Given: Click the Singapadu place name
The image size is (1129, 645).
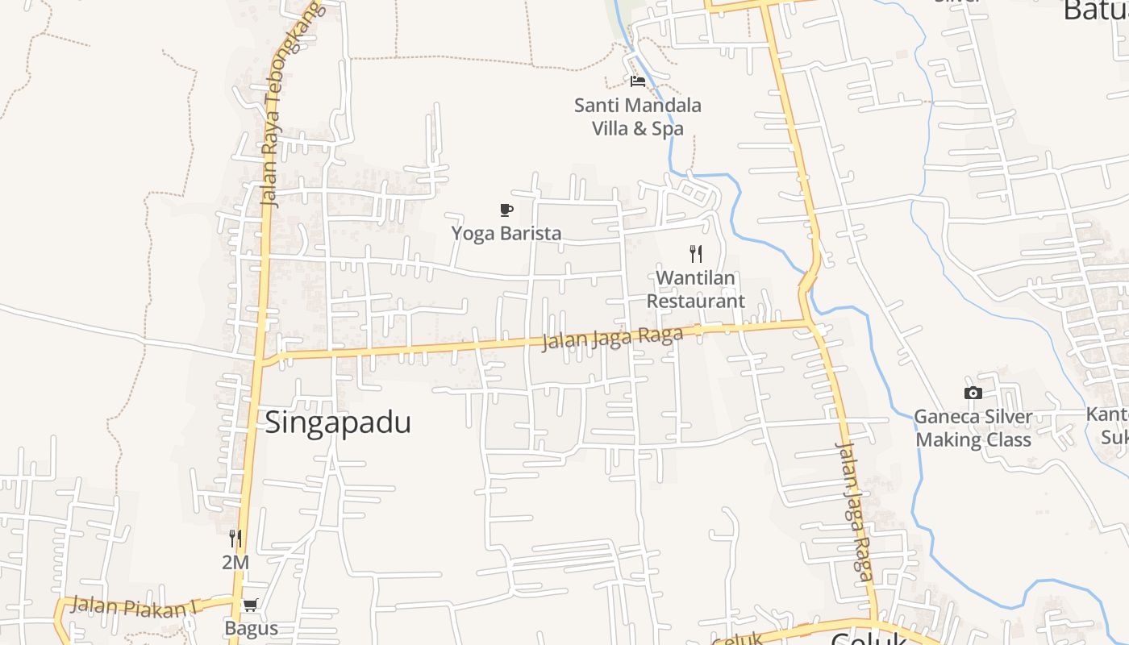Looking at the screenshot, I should [338, 422].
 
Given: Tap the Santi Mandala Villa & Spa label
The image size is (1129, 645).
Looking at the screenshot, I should [637, 116].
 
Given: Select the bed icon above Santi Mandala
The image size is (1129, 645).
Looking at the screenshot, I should [638, 81].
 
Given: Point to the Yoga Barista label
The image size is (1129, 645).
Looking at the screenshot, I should [506, 234].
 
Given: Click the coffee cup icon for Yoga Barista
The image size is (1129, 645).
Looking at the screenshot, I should [506, 210].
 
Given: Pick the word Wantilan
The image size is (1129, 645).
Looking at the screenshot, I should [695, 278].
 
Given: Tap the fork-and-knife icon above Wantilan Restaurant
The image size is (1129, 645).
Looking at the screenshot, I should [696, 254].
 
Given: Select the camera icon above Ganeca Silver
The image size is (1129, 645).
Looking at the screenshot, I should [973, 393].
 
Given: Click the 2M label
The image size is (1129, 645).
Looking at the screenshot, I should [235, 562].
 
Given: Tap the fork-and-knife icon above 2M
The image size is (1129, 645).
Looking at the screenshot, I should [235, 538].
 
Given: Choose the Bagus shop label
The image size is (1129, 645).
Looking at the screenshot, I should [251, 629].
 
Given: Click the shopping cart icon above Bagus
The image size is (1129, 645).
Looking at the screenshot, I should [251, 605].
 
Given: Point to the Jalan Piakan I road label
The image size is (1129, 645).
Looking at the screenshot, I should [134, 606].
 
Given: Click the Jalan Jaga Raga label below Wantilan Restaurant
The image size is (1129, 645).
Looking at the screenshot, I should [611, 338].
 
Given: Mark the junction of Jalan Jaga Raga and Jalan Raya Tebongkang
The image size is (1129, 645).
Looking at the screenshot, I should [260, 357].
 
